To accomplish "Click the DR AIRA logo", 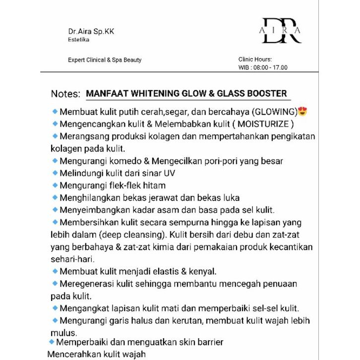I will point(281,31).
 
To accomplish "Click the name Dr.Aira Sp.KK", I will point(87,31).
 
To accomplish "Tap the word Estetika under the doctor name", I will point(79,40).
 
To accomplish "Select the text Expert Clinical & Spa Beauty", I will point(105,60).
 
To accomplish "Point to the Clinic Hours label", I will point(255,59).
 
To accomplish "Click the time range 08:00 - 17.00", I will point(270,68).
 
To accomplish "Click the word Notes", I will point(65,94).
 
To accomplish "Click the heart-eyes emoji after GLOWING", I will point(302,111).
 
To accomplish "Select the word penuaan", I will point(277,284).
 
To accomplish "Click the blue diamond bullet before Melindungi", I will point(55,173).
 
